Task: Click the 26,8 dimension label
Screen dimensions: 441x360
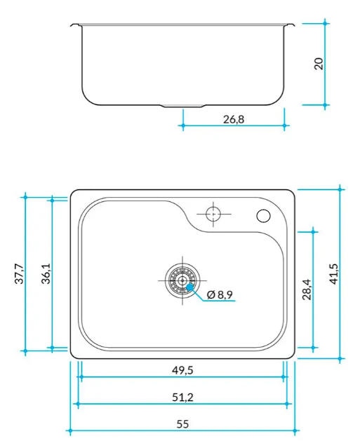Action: coord(234,119)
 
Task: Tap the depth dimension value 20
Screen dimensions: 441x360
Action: coord(319,64)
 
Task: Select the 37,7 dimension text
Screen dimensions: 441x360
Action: coord(20,273)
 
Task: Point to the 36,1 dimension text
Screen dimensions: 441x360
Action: coord(46,273)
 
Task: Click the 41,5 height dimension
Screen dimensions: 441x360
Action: coord(333,273)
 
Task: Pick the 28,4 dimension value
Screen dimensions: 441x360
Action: coord(307,288)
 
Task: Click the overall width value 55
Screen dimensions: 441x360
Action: coord(182,424)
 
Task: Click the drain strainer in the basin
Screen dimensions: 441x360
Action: coord(182,280)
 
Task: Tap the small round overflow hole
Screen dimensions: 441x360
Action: coord(264,216)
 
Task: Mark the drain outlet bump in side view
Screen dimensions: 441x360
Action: coord(182,107)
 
